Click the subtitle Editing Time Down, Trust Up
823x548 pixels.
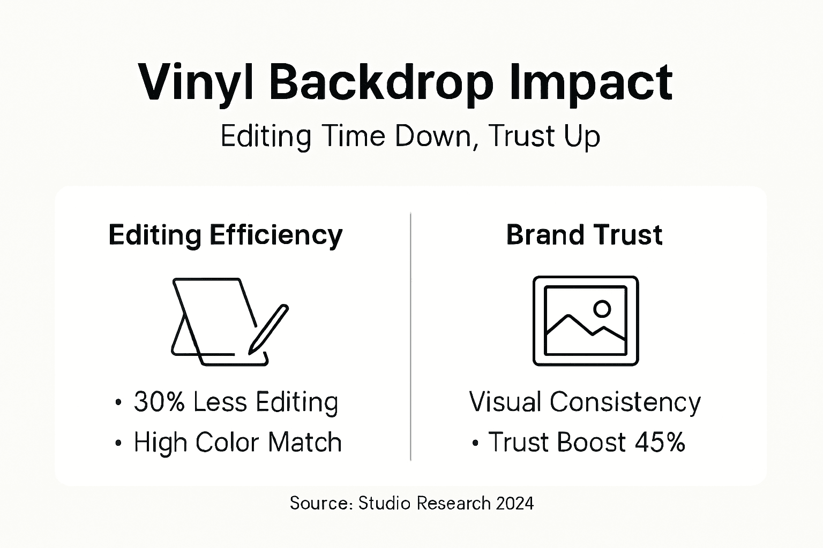coord(410,136)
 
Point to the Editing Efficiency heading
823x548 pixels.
coord(225,235)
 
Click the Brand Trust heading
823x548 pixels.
coord(584,235)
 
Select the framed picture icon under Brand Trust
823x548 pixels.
coord(586,321)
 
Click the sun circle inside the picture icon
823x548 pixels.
coord(602,308)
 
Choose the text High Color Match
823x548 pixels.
coord(237,443)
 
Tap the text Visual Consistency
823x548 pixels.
coord(585,402)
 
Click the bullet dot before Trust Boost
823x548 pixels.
coord(475,444)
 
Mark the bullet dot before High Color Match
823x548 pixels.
coord(118,444)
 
